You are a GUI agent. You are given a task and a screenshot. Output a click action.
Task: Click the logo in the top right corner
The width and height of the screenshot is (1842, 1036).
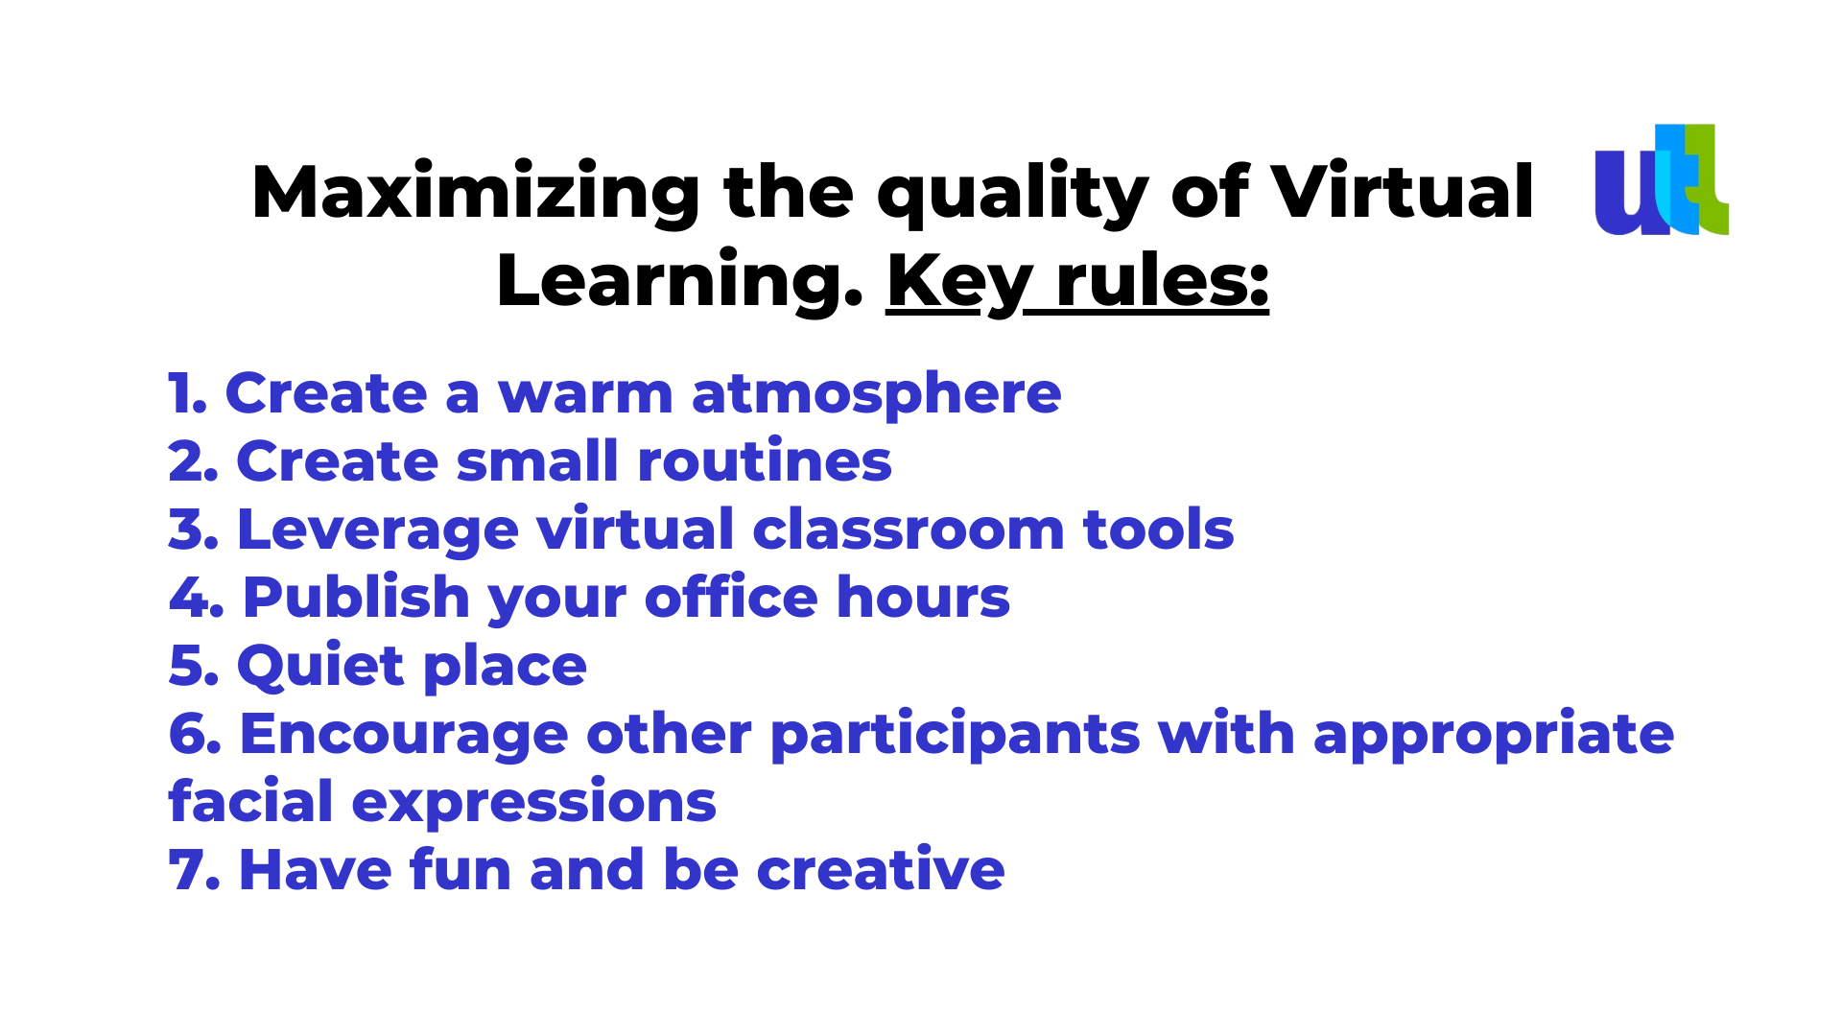coord(1662,179)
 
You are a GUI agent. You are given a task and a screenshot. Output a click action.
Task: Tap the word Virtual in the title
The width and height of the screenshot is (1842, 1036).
coord(1403,192)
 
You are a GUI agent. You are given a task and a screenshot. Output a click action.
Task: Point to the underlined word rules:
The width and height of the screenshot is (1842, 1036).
coord(1163,282)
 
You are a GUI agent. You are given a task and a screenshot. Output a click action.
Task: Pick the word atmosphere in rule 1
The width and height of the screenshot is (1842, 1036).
coord(876,393)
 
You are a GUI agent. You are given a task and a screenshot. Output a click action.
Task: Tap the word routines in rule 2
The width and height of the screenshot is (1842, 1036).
coord(765,460)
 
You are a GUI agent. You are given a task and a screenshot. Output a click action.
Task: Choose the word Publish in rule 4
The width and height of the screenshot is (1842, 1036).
coord(356,597)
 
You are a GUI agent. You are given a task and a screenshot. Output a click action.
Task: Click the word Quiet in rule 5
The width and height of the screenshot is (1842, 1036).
coord(320,665)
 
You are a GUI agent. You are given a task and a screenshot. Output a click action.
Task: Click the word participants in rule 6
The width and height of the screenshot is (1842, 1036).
coord(955,735)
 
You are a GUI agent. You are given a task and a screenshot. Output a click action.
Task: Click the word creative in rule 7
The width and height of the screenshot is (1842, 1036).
coord(881,869)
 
